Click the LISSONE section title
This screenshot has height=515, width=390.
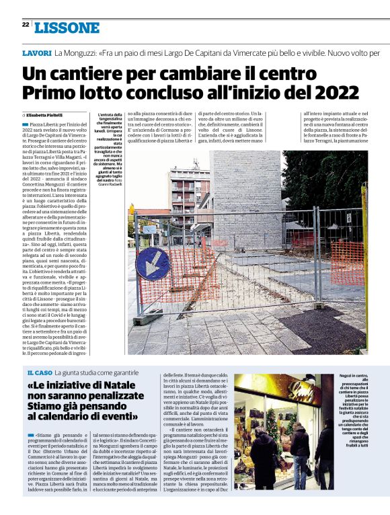[x=67, y=28]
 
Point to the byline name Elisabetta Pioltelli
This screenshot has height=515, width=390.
[x=48, y=116]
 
